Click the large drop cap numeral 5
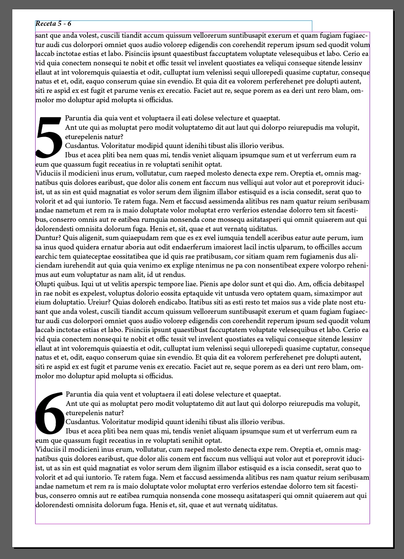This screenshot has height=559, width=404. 49,137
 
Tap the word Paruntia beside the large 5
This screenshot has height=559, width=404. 78,118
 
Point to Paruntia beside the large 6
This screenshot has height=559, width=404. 79,394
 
